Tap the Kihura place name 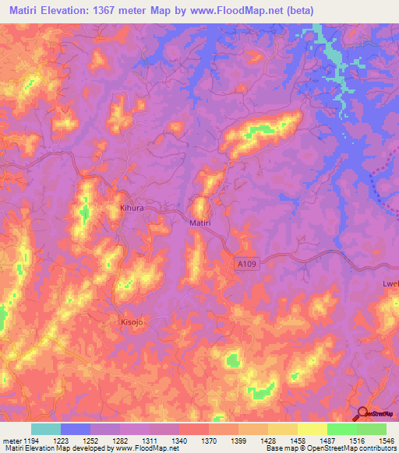point(132,209)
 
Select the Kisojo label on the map point(132,321)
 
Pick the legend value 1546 point(387,441)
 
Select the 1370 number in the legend point(209,441)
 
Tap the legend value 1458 point(298,441)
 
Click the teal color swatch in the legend point(46,429)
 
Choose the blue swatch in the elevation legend point(76,429)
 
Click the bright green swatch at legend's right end point(372,429)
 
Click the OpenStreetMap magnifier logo point(362,414)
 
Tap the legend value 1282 point(121,441)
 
